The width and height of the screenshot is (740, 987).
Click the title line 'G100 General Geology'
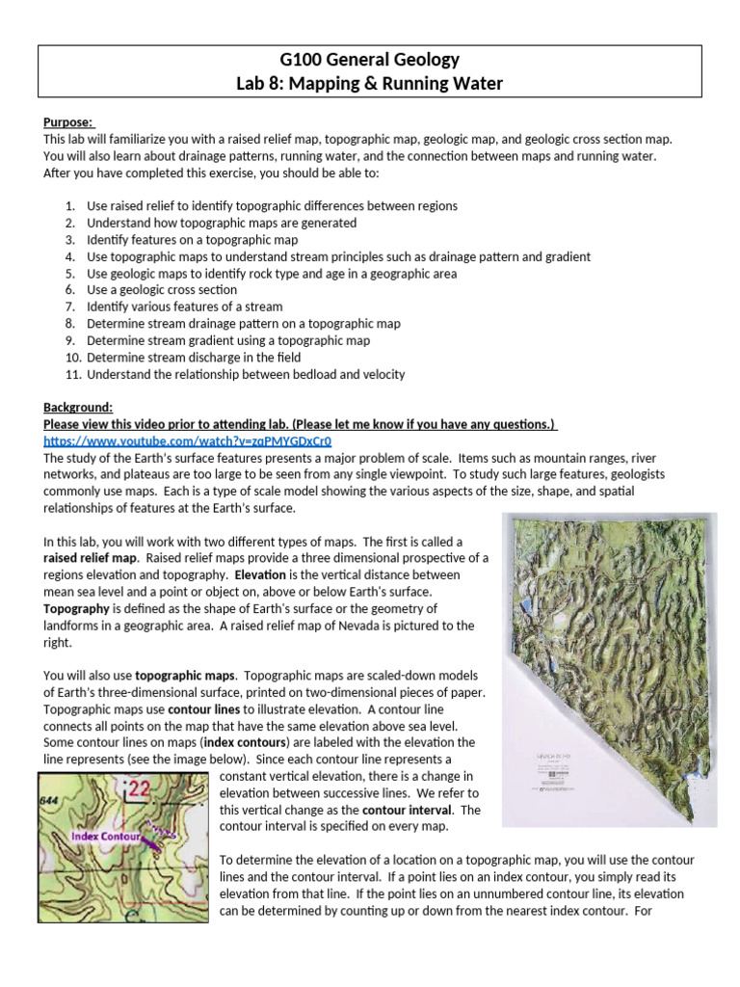click(x=369, y=60)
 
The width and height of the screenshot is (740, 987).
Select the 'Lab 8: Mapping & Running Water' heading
click(x=369, y=84)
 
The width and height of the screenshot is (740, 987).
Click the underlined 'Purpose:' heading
click(x=68, y=122)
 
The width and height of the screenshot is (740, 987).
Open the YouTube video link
click(x=187, y=440)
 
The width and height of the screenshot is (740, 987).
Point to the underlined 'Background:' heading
click(x=78, y=408)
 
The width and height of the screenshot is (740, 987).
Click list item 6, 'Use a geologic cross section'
click(x=161, y=289)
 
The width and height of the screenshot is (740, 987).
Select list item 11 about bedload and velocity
click(x=245, y=374)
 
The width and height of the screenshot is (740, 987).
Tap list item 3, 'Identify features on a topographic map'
click(x=192, y=239)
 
